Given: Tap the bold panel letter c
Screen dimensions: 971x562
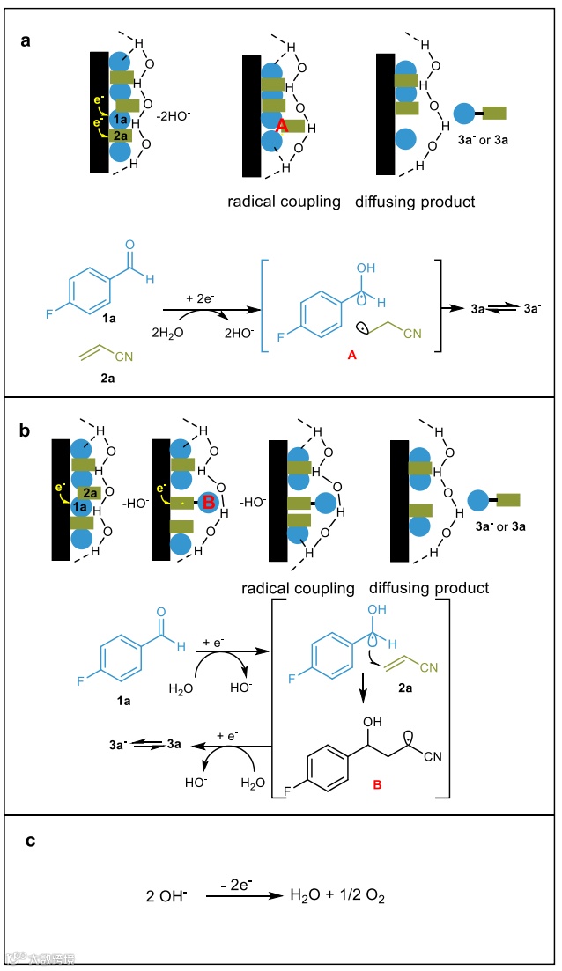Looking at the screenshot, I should (30, 841).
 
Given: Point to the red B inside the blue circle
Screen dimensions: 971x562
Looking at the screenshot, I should (209, 503).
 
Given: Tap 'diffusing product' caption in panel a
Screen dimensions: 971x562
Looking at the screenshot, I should (415, 202).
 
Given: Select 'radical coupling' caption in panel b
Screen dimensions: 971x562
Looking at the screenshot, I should (299, 588).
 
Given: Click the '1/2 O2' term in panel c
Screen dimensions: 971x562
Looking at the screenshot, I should (364, 896).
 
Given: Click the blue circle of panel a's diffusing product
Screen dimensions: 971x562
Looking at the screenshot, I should (465, 112).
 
